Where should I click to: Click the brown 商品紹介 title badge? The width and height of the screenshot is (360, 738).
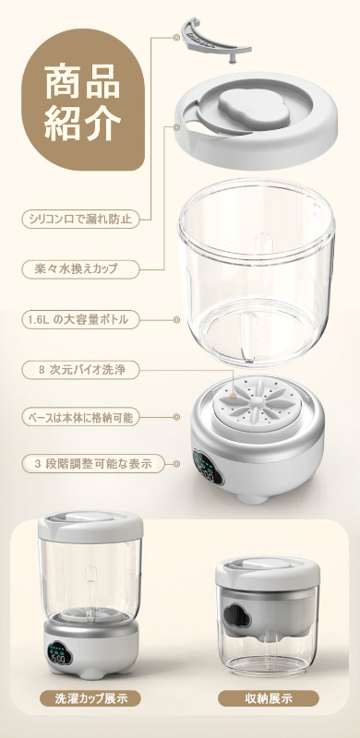(x=83, y=99)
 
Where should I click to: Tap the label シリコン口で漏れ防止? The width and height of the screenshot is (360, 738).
(x=81, y=219)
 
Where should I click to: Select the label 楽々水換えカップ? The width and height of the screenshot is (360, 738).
(x=81, y=269)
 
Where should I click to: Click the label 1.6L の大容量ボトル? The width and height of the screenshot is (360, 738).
(x=81, y=319)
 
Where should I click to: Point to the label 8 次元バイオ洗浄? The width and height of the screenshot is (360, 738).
(x=81, y=370)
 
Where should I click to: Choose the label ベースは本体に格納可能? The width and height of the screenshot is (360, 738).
(x=81, y=417)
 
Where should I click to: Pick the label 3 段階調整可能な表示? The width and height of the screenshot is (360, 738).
(x=93, y=463)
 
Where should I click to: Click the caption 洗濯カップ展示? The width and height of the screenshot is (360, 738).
(x=90, y=697)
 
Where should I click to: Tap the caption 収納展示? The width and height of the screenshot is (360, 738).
(x=268, y=697)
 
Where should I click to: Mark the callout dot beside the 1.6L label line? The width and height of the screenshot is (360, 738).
(x=176, y=320)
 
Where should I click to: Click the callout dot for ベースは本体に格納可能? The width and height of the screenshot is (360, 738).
(x=176, y=417)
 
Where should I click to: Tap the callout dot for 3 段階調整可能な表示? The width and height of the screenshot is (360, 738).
(x=176, y=464)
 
